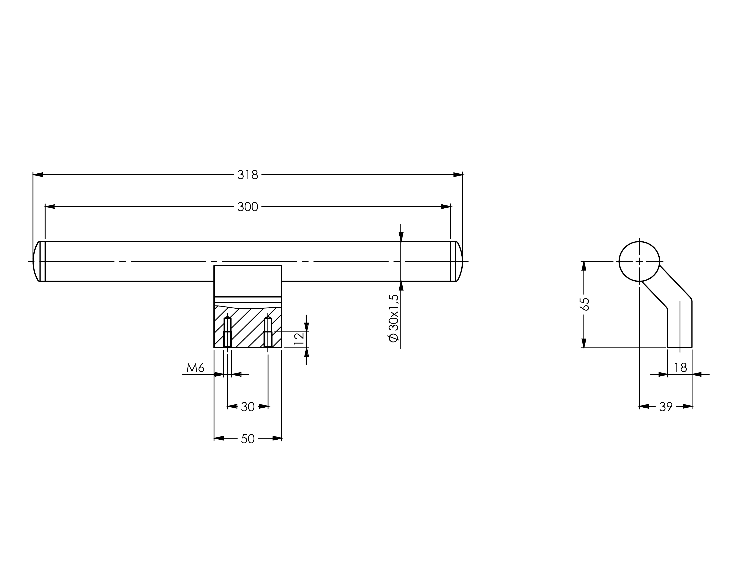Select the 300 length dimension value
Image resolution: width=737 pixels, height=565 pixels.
coord(247,206)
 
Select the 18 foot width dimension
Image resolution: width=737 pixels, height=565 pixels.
coord(680,368)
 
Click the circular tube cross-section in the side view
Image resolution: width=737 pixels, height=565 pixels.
coord(639,261)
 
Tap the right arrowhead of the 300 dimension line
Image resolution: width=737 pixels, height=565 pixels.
coord(446,206)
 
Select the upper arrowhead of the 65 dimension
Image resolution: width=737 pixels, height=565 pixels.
coord(584,266)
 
